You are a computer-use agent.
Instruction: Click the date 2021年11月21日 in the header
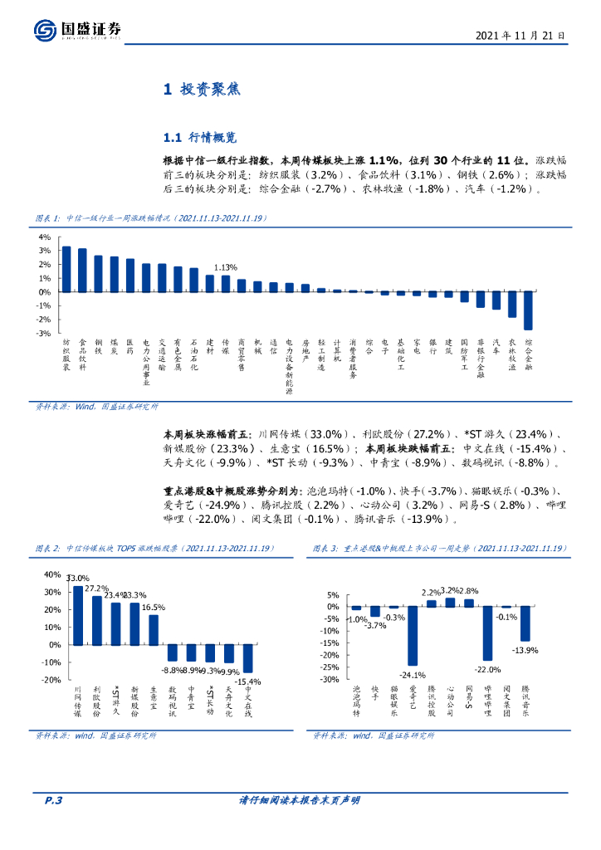pos(520,36)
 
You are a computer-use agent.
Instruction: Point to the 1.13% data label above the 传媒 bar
pos(226,267)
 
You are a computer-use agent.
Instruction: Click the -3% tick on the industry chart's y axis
pos(43,333)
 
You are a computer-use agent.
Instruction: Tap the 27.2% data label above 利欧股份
pos(98,589)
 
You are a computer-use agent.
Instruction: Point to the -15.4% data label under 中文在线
pos(247,681)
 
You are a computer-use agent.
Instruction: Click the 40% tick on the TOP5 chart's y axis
pos(51,574)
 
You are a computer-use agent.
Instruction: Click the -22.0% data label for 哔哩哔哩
pos(488,669)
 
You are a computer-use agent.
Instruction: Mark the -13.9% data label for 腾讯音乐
pos(525,649)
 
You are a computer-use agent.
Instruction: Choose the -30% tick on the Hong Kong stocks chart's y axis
pos(329,680)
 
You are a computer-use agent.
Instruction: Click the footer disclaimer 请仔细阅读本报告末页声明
pos(300,800)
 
